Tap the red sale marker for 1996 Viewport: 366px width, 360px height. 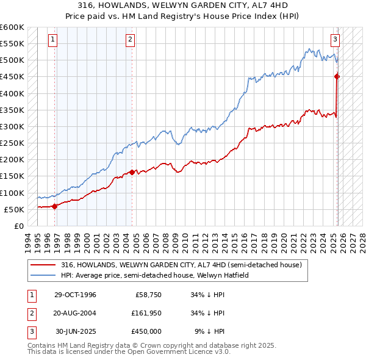(55, 206)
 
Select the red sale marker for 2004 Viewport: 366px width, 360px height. (132, 172)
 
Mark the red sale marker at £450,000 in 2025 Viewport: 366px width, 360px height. (337, 76)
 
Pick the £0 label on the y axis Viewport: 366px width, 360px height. (18, 226)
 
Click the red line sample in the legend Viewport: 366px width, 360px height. (43, 265)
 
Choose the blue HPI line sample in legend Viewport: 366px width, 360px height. (43, 275)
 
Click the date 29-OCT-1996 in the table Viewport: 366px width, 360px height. (75, 295)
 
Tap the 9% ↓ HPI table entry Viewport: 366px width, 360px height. (209, 331)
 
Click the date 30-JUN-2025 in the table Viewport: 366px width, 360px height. (76, 331)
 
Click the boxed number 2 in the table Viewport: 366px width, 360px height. (31, 313)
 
